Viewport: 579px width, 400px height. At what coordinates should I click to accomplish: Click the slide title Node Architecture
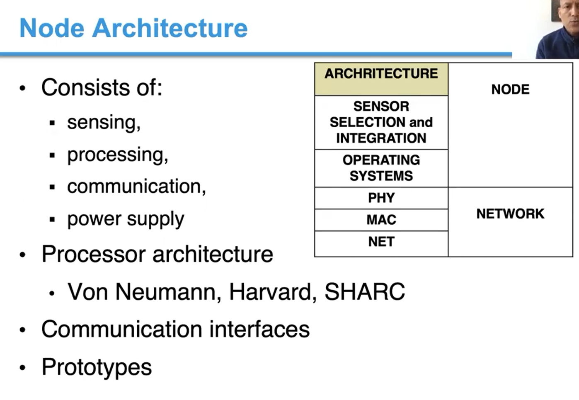[x=133, y=28]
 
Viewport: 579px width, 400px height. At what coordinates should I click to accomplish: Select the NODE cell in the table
[x=510, y=90]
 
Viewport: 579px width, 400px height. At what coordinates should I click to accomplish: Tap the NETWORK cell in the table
[x=510, y=214]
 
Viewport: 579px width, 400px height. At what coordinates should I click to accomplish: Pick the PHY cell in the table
[x=381, y=198]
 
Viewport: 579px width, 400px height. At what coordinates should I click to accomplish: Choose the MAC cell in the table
[x=381, y=220]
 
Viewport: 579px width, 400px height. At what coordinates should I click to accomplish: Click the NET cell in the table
[x=381, y=242]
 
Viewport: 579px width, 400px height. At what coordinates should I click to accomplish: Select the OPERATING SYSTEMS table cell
[x=381, y=168]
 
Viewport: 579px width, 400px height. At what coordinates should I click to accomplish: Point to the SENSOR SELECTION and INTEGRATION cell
[x=381, y=122]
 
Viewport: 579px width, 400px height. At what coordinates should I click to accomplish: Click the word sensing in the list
[x=103, y=123]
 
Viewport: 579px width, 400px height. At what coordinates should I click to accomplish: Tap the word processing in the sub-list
[x=117, y=155]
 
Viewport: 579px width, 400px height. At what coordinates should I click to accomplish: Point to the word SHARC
[x=364, y=292]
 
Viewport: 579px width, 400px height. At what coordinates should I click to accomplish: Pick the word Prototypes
[x=97, y=367]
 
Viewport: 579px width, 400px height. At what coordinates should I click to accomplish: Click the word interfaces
[x=259, y=330]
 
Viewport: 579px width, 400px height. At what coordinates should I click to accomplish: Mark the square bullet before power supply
[x=52, y=220]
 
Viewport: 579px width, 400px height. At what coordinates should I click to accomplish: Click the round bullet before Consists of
[x=23, y=88]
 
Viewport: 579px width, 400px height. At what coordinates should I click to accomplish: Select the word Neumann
[x=166, y=292]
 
